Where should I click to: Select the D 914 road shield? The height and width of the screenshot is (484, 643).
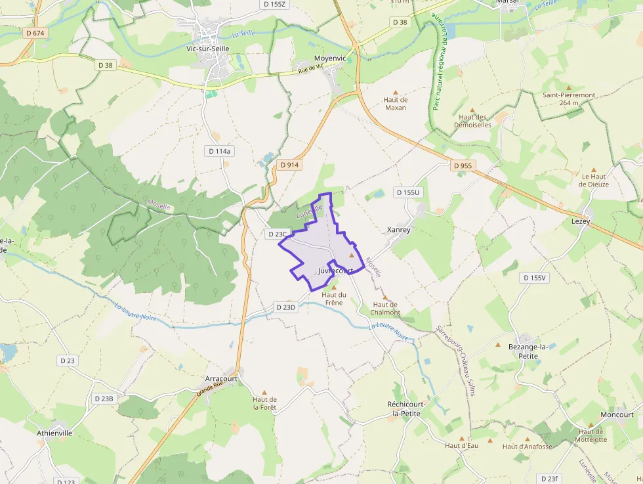click(x=289, y=165)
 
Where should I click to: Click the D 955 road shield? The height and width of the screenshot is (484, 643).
click(x=463, y=165)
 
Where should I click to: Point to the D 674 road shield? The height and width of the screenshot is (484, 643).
click(x=35, y=32)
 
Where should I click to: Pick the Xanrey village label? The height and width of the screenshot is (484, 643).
click(x=399, y=230)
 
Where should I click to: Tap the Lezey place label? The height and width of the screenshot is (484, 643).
click(x=581, y=221)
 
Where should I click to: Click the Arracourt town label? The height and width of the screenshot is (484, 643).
click(x=221, y=379)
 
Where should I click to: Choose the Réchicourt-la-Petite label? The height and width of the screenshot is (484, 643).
click(x=407, y=408)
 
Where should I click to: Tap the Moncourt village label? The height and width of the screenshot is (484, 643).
click(x=617, y=414)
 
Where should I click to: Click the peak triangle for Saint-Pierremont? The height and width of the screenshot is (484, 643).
click(x=568, y=87)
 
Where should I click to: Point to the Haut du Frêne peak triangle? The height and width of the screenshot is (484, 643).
click(x=333, y=288)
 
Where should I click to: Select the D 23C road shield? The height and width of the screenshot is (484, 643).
click(x=278, y=234)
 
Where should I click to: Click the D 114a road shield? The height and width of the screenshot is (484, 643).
click(x=220, y=151)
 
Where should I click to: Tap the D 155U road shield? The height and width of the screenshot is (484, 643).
click(x=407, y=192)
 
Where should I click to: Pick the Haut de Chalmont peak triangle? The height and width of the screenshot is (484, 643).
click(x=385, y=297)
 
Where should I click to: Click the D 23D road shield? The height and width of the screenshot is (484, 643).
click(x=286, y=307)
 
